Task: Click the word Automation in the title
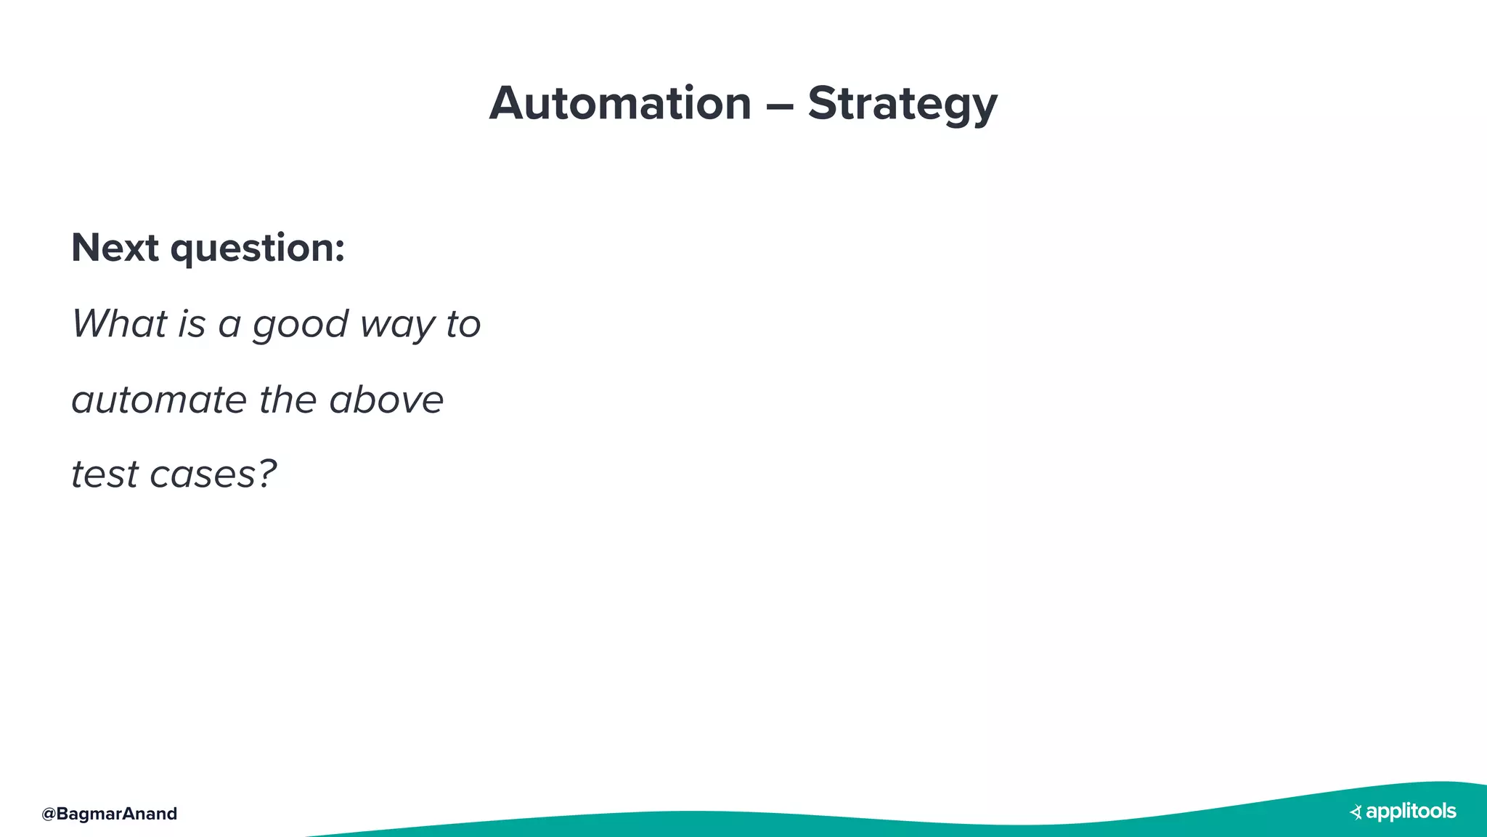tap(620, 103)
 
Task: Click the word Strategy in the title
tap(902, 105)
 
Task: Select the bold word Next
tap(115, 248)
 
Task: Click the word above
tap(386, 400)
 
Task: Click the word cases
tap(203, 475)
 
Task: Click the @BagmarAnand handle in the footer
tap(109, 814)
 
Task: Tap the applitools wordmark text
tap(1411, 812)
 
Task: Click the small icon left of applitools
tap(1356, 812)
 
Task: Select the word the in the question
tap(288, 400)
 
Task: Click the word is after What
tap(192, 323)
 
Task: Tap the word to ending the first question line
tap(463, 324)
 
